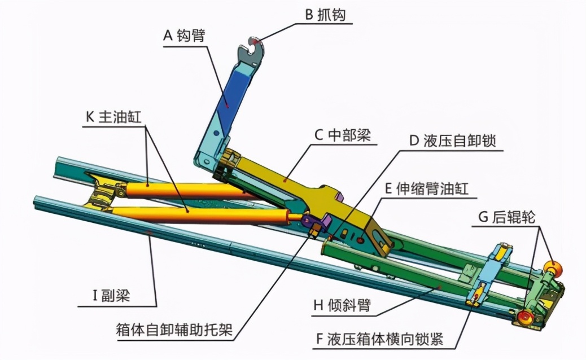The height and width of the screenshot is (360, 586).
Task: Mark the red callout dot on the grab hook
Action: (256, 42)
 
